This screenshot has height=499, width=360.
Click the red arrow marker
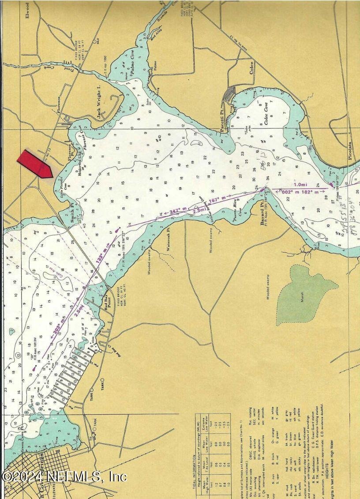(35, 164)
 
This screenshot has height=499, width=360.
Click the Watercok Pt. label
(169, 238)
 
